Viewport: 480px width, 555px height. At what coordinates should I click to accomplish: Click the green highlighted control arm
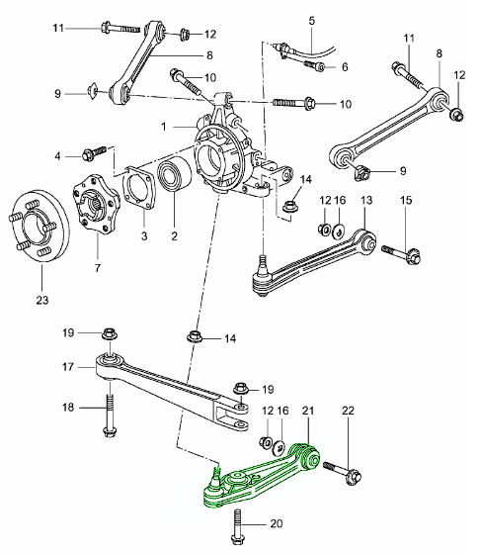[259, 485]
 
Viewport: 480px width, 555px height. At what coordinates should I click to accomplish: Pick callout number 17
[68, 366]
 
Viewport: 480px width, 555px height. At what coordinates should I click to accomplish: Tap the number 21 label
[307, 410]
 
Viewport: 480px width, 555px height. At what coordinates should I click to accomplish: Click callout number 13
[365, 201]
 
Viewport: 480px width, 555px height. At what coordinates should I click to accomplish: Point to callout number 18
[68, 406]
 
